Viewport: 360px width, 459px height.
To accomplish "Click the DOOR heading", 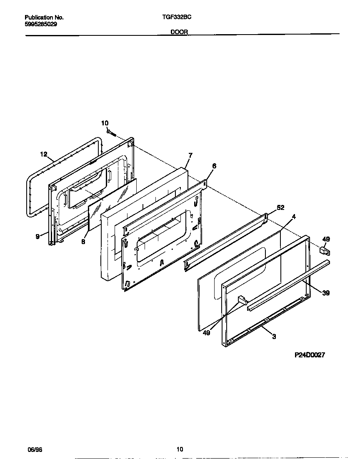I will tap(180, 32).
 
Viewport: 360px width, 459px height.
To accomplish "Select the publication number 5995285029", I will tap(41, 24).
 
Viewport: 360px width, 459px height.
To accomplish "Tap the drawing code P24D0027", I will tap(310, 355).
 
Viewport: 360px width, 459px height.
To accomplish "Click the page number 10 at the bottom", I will tap(180, 449).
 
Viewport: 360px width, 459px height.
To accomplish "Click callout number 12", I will tap(44, 154).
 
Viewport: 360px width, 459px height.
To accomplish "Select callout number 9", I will tap(37, 236).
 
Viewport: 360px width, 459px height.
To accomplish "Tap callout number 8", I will tap(83, 241).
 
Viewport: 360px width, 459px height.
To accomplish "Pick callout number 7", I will tap(190, 155).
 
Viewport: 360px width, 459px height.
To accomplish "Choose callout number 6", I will tap(214, 166).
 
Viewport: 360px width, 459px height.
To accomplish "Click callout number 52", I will tap(280, 207).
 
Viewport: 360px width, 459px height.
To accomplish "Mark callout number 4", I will tap(294, 217).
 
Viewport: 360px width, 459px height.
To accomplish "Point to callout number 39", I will tap(326, 293).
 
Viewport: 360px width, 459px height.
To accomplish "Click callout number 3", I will tap(274, 337).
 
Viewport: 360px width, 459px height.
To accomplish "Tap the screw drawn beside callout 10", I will tap(112, 133).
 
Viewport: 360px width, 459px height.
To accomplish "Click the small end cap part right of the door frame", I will tap(325, 251).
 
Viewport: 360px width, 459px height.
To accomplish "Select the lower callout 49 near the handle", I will tap(206, 321).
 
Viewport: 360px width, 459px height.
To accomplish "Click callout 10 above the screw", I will tap(105, 123).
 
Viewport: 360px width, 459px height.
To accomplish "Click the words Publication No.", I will tap(44, 17).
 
